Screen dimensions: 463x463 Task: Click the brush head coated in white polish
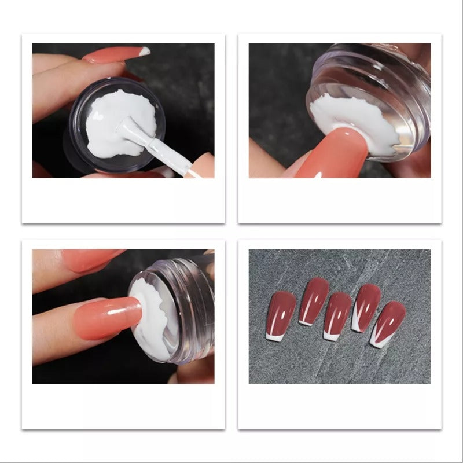click(128, 130)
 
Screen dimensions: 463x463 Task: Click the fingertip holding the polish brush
click(200, 165)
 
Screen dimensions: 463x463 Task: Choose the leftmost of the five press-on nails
click(281, 313)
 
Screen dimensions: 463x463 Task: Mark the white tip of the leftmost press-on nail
click(273, 336)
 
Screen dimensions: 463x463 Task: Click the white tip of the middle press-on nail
click(330, 336)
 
